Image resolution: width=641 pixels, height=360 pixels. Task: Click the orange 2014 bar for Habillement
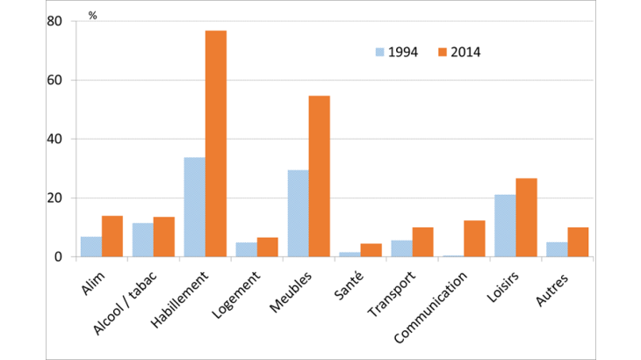(x=216, y=144)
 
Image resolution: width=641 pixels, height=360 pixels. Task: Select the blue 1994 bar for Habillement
(x=194, y=207)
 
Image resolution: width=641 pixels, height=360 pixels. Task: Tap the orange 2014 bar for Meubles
(x=320, y=176)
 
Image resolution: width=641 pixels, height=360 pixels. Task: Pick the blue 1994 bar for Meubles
(x=299, y=213)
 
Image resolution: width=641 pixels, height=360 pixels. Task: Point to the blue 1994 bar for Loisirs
(x=506, y=226)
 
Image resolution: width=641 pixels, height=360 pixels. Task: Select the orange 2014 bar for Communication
(x=475, y=239)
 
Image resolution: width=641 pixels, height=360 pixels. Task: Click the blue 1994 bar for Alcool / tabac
(x=142, y=240)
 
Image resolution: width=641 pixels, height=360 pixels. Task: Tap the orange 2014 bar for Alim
(x=112, y=236)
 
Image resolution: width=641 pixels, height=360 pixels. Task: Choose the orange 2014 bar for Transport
(x=423, y=242)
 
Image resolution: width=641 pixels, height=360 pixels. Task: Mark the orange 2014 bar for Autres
(x=579, y=242)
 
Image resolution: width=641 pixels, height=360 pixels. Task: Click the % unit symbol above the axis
(x=92, y=16)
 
